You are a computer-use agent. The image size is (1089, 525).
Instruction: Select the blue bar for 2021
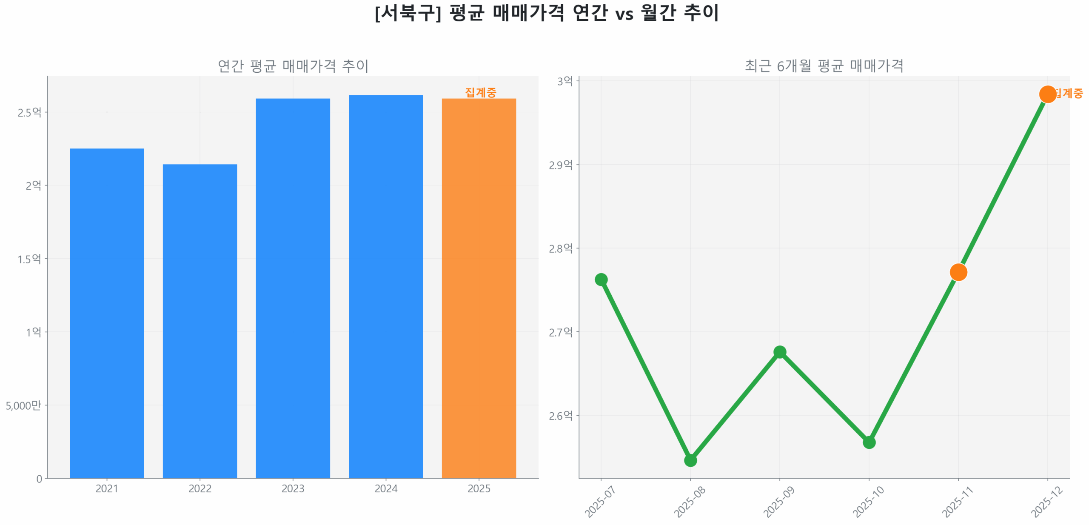(x=106, y=313)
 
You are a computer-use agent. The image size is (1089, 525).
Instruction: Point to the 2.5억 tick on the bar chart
(x=29, y=112)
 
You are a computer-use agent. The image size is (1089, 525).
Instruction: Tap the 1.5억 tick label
(x=29, y=258)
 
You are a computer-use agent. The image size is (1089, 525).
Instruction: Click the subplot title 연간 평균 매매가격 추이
(x=292, y=66)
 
